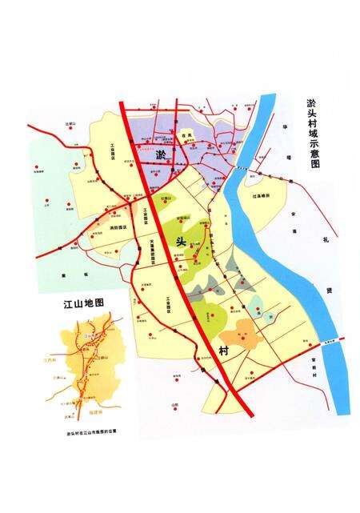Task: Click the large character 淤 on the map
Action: [x=161, y=154]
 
